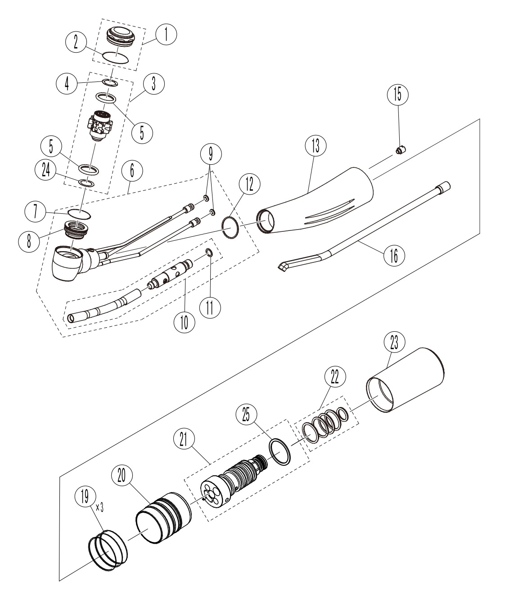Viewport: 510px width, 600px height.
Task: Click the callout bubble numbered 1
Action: click(x=166, y=34)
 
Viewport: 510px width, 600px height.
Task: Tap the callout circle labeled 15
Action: click(x=397, y=95)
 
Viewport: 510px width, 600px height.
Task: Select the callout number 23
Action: click(x=394, y=343)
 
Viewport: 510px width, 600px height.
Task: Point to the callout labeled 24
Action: click(x=46, y=171)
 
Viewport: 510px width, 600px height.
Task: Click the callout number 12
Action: click(x=250, y=185)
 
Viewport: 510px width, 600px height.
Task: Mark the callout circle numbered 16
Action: click(x=394, y=256)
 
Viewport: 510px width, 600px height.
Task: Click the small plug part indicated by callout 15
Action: click(x=401, y=150)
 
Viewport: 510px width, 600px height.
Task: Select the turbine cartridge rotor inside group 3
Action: click(x=100, y=126)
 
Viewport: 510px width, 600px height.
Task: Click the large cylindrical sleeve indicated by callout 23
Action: click(x=405, y=380)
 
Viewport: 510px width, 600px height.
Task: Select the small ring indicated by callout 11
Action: click(x=209, y=253)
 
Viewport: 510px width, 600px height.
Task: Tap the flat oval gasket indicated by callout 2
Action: click(x=116, y=57)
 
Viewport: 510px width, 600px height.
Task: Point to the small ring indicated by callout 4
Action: click(x=110, y=82)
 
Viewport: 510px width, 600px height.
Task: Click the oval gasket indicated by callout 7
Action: click(x=79, y=215)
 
